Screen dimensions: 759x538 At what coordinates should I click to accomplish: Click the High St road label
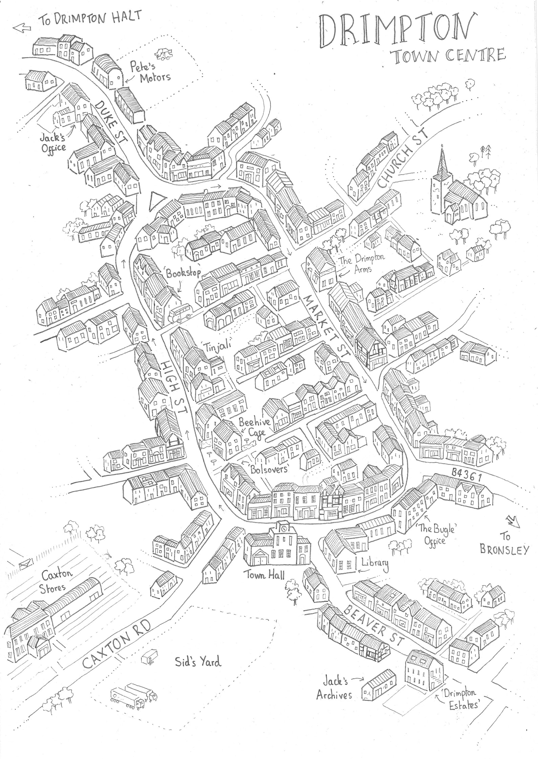[174, 389]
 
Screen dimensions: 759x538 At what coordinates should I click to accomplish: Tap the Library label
[374, 562]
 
